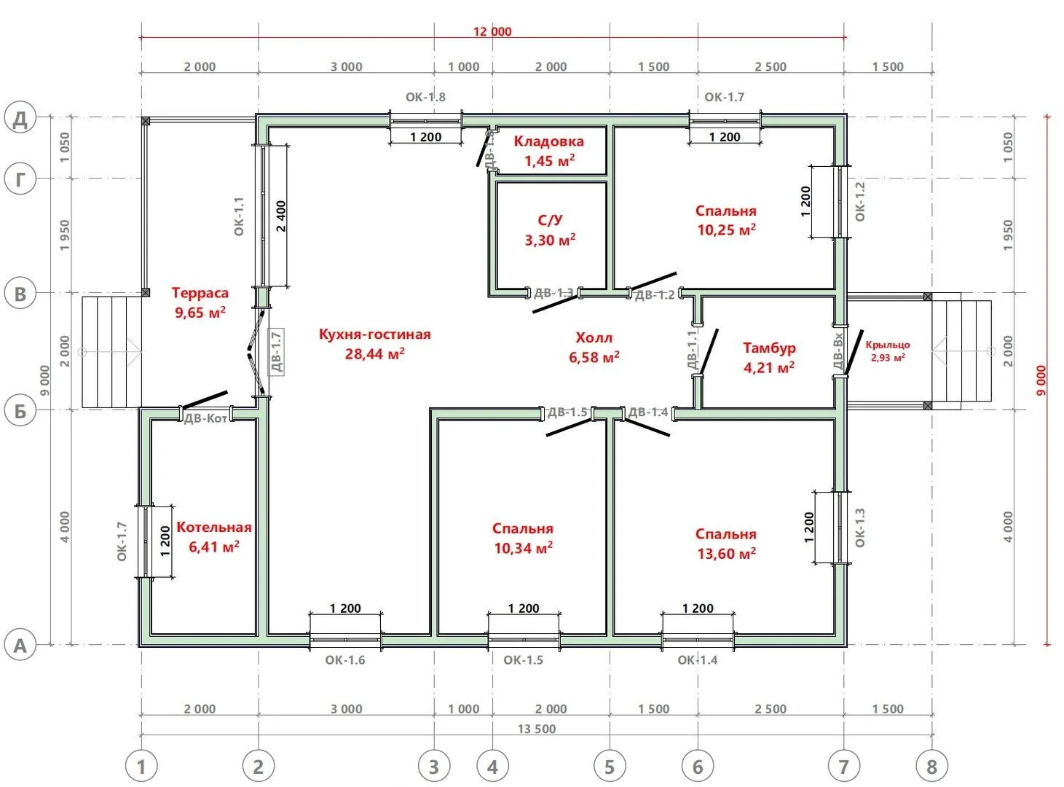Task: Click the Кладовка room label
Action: point(548,141)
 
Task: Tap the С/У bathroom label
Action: point(549,220)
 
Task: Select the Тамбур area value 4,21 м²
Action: point(768,367)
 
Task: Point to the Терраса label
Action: point(200,292)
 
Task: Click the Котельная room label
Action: point(214,527)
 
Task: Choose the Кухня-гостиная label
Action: point(374,334)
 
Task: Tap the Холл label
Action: point(594,337)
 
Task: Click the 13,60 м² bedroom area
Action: point(726,553)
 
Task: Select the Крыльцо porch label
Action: point(888,345)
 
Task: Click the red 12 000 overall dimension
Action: point(492,31)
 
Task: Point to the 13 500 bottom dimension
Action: point(536,729)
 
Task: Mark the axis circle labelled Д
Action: point(20,117)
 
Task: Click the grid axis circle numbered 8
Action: point(931,767)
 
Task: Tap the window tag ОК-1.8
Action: point(425,97)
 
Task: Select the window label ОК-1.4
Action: point(698,660)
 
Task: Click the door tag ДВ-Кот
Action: point(206,419)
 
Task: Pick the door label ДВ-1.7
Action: point(276,353)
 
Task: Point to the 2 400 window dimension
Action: point(281,216)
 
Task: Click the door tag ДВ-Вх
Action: point(838,351)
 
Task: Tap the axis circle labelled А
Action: point(20,645)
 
